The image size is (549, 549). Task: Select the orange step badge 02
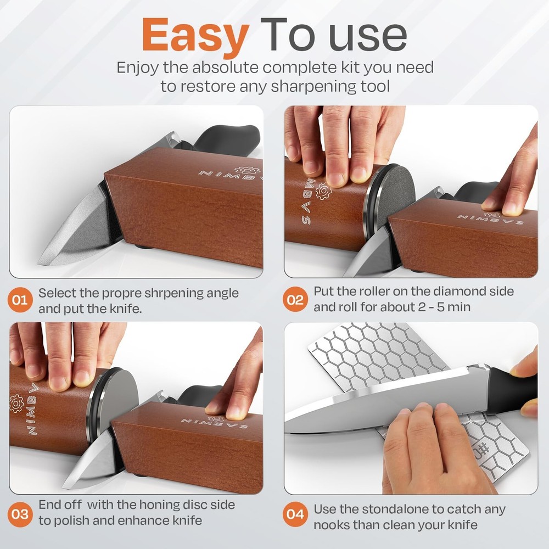point(295,300)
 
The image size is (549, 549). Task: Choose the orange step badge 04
point(295,515)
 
